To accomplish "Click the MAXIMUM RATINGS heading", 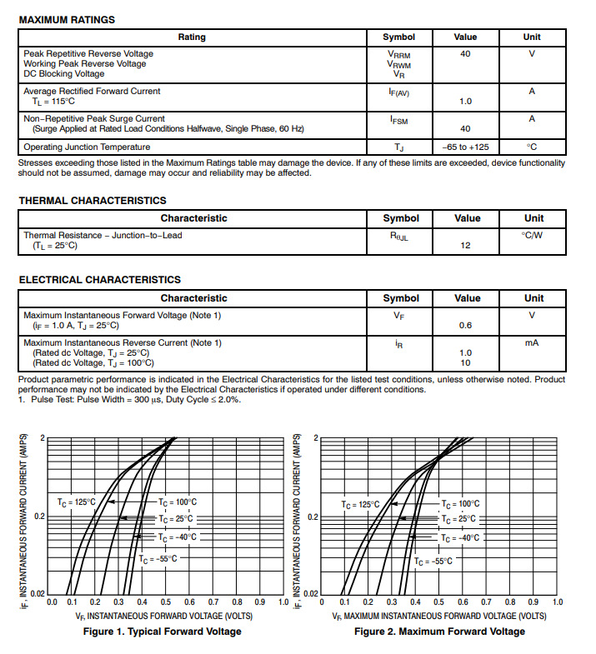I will pyautogui.click(x=67, y=19).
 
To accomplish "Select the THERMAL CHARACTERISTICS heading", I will pyautogui.click(x=93, y=200).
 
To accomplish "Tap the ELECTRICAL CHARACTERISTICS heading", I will pyautogui.click(x=99, y=280).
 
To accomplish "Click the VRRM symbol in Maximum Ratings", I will pyautogui.click(x=398, y=54).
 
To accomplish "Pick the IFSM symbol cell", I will pyautogui.click(x=398, y=120).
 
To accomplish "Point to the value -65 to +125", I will pyautogui.click(x=465, y=147).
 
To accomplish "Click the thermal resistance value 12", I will pyautogui.click(x=466, y=246).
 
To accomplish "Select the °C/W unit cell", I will pyautogui.click(x=532, y=236).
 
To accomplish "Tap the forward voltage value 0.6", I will pyautogui.click(x=466, y=326).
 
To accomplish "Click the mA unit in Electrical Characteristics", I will pyautogui.click(x=532, y=342).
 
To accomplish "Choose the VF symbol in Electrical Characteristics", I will pyautogui.click(x=398, y=316).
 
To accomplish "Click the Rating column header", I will pyautogui.click(x=192, y=37).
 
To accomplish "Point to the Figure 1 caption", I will pyautogui.click(x=162, y=632).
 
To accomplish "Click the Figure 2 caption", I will pyautogui.click(x=439, y=632).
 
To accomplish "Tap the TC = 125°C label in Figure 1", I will pyautogui.click(x=77, y=502).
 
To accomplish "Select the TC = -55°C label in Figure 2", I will pyautogui.click(x=433, y=562).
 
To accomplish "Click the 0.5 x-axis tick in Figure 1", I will pyautogui.click(x=167, y=601).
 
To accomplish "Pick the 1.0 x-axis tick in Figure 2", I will pyautogui.click(x=558, y=601).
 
